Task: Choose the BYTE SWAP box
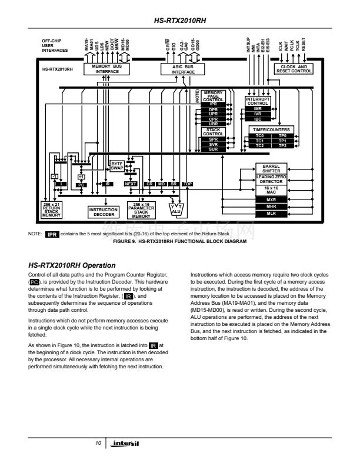coord(117,166)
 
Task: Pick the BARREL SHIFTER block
coord(271,168)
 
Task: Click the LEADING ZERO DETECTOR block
coord(271,179)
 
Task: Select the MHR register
coord(271,207)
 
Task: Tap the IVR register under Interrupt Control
coord(258,114)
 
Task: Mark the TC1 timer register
coord(259,141)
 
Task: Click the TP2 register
coord(282,145)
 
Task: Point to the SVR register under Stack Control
coord(213,144)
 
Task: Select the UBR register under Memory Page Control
coord(213,124)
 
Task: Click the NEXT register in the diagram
coord(131,184)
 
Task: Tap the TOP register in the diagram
coord(188,184)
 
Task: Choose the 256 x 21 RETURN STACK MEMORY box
coord(52,209)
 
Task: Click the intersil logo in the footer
coord(125,442)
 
